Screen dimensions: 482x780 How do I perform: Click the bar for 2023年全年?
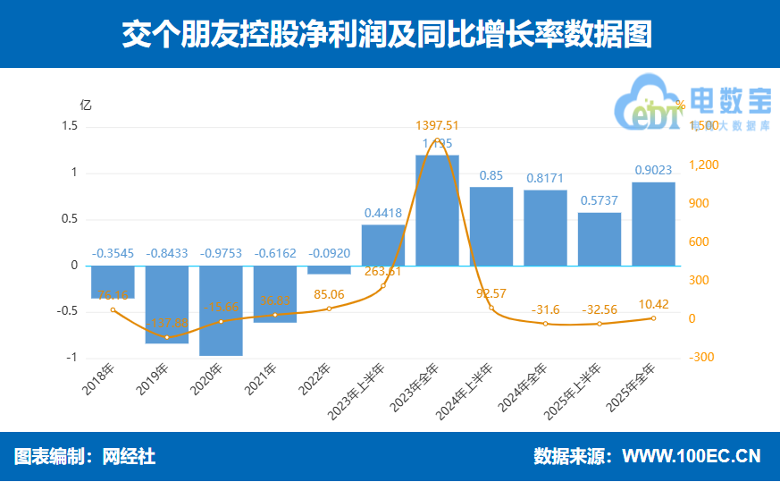click(x=438, y=210)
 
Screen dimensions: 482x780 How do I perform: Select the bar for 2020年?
click(x=221, y=310)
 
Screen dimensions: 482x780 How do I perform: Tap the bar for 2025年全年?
click(x=653, y=224)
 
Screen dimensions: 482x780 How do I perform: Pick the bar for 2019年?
click(x=167, y=304)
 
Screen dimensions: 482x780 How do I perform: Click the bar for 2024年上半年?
click(x=491, y=226)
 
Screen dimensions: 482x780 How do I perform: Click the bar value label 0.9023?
click(x=653, y=170)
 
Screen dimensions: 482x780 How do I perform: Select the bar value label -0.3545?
click(x=113, y=253)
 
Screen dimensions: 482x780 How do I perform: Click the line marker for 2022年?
click(x=329, y=309)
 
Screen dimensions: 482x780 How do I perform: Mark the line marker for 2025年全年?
click(x=653, y=318)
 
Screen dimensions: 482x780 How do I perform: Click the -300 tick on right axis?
click(x=701, y=358)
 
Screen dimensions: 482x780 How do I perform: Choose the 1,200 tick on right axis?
click(x=703, y=165)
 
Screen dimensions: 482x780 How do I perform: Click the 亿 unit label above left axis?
click(x=86, y=104)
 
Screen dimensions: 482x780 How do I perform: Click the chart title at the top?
click(x=390, y=34)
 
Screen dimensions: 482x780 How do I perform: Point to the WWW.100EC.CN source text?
click(x=691, y=456)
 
